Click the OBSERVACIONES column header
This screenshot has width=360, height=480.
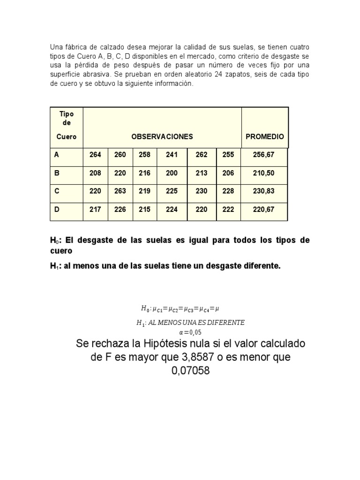162,136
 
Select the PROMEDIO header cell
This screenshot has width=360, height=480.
265,136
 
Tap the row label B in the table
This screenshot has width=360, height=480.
57,173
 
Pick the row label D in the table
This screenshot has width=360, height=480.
57,210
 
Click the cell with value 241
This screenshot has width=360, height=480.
172,155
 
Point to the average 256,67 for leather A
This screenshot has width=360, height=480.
263,155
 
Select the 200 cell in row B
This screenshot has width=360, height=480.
172,173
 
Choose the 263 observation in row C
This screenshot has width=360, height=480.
120,191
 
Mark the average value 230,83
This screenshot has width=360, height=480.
263,191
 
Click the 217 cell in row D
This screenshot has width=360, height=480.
95,210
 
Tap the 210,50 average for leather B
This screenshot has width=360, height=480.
263,173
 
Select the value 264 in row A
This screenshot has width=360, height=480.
95,155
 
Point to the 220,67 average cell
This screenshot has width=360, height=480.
263,210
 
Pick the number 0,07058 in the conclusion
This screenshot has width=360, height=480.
190,371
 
